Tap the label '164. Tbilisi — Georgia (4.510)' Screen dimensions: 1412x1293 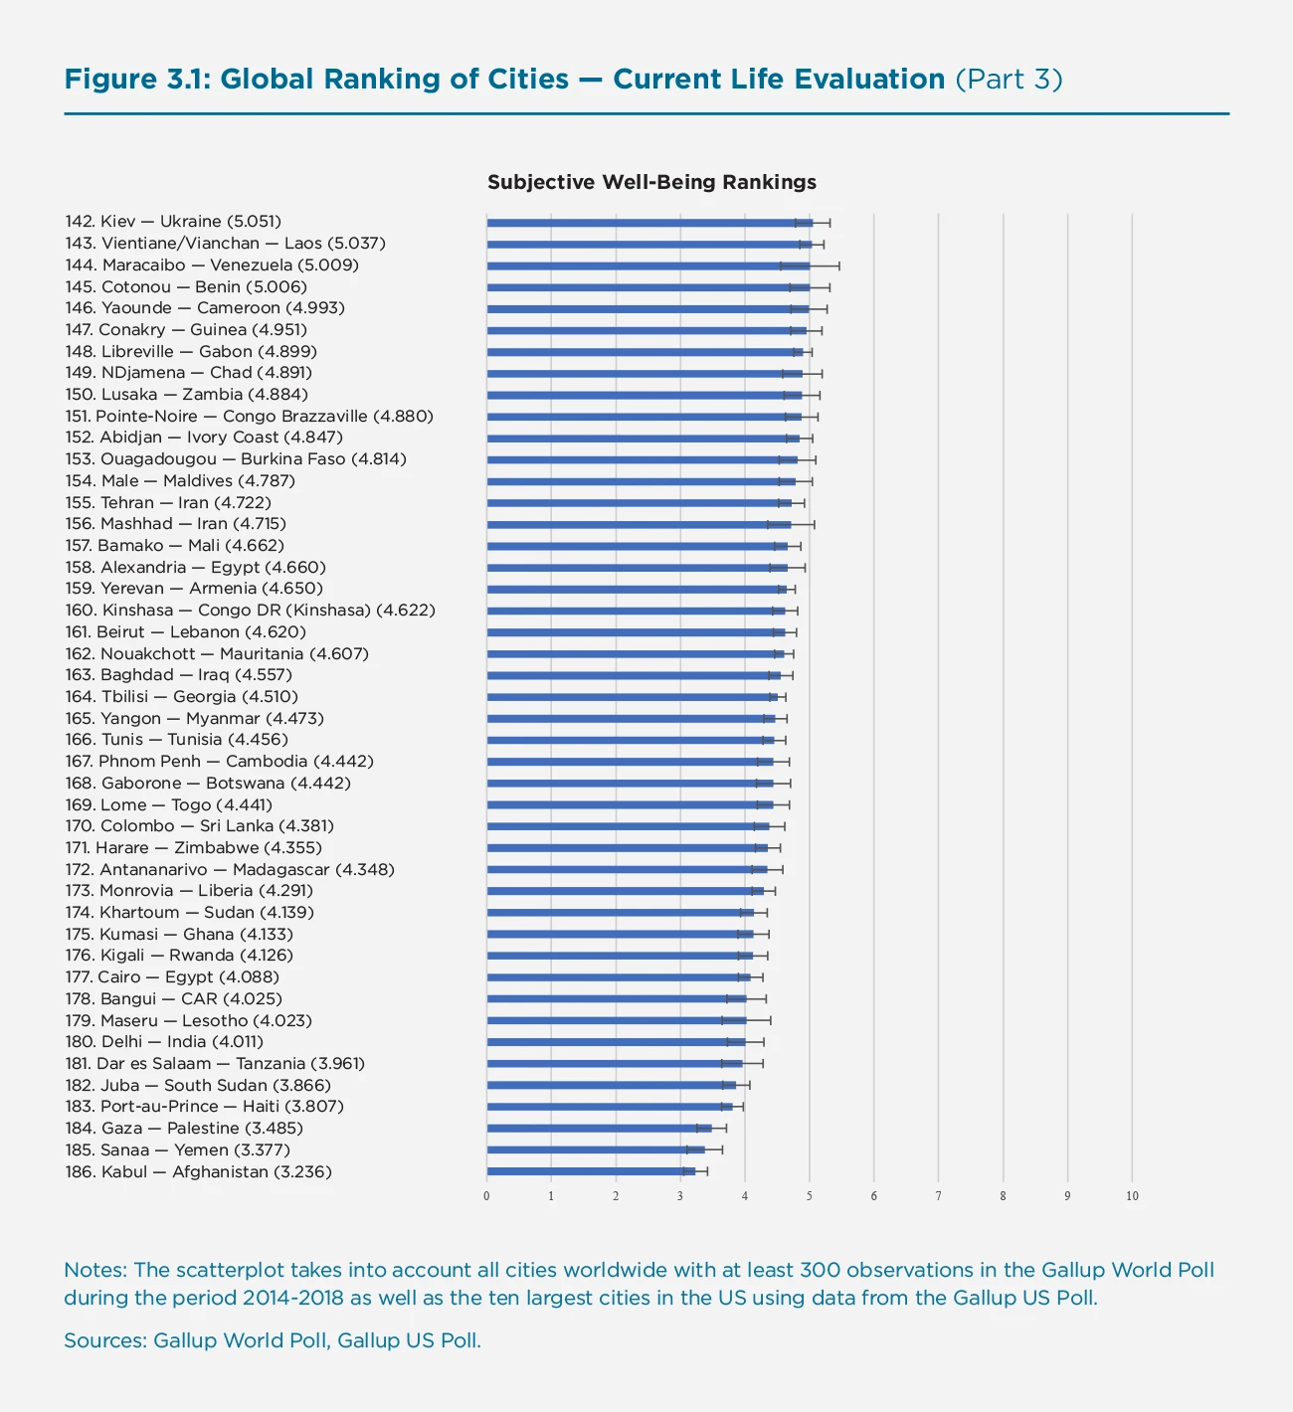click(x=181, y=697)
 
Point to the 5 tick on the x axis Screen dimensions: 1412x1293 click(x=810, y=1196)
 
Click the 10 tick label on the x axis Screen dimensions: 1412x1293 click(x=1132, y=1196)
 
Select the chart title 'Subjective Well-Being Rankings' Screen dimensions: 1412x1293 click(x=651, y=182)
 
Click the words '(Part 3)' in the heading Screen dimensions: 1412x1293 click(x=1009, y=80)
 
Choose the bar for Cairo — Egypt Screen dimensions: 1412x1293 click(x=617, y=977)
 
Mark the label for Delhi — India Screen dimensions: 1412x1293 click(x=164, y=1042)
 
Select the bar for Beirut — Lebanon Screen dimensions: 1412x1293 click(x=635, y=632)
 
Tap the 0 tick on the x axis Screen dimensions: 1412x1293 click(x=486, y=1196)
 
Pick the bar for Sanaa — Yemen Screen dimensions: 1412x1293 click(x=594, y=1150)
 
